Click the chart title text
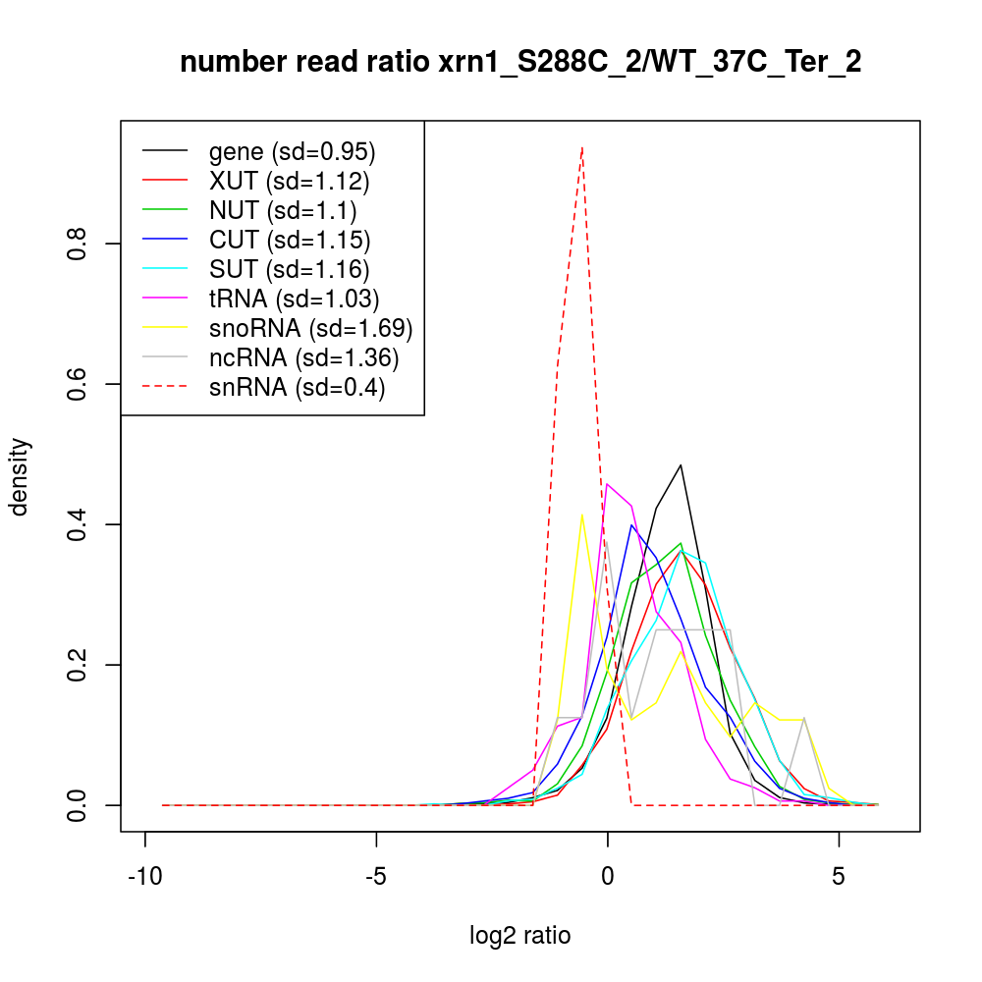[520, 63]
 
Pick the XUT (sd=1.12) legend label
[289, 181]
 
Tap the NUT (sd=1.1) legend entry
[282, 210]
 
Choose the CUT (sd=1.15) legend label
[289, 240]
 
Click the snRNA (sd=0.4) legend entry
[297, 387]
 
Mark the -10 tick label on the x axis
[145, 877]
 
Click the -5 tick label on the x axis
[376, 877]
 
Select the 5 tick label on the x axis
[839, 877]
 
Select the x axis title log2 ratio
[520, 936]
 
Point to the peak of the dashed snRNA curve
[582, 147]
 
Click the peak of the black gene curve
[681, 464]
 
